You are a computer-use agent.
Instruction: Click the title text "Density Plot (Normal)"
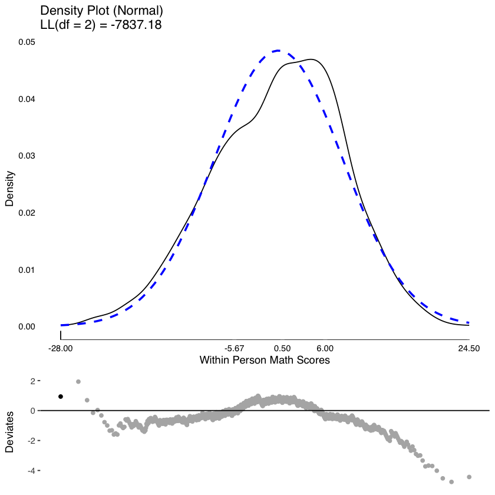(101, 11)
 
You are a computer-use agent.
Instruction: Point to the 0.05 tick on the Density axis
(26, 42)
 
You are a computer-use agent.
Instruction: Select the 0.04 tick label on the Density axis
(26, 99)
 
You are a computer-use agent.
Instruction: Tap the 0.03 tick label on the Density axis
(26, 156)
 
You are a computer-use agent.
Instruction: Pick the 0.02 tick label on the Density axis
(26, 213)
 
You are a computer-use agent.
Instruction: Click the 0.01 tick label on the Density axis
(26, 270)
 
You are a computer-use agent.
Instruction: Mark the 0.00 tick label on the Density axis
(26, 326)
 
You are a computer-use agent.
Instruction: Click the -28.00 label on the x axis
(61, 349)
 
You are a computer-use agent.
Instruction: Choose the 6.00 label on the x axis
(325, 349)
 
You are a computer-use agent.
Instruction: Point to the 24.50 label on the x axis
(469, 349)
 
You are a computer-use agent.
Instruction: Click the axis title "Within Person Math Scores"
(265, 360)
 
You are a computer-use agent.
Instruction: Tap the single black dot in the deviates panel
(61, 397)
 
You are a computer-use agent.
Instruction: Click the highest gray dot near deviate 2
(78, 382)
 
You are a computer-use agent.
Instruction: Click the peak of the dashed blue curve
(279, 51)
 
